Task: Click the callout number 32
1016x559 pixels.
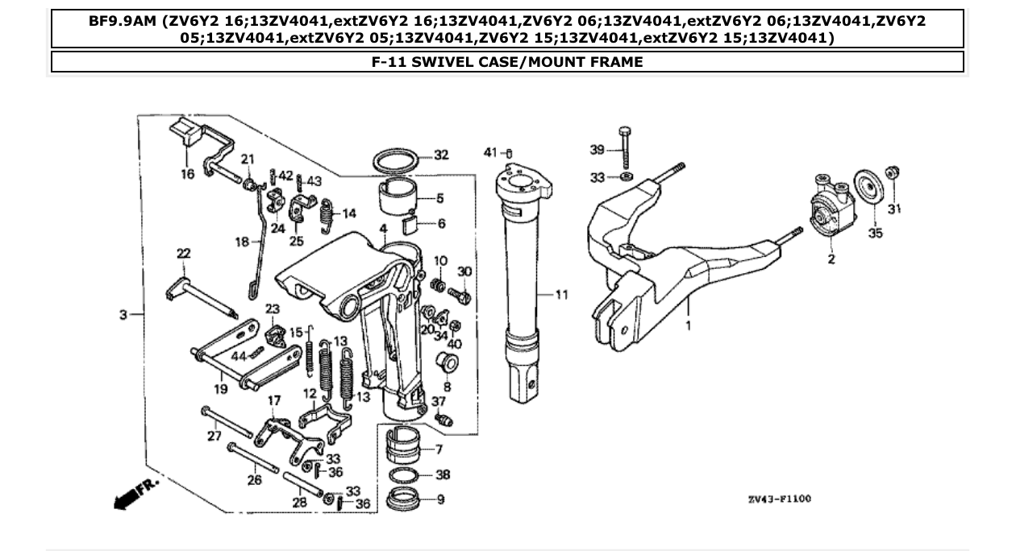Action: tap(440, 155)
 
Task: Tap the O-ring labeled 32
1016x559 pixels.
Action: tap(397, 161)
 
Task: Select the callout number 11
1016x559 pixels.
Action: tap(561, 295)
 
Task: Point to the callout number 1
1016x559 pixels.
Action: tap(689, 326)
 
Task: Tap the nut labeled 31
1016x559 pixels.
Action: tap(892, 174)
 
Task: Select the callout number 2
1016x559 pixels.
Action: tap(831, 259)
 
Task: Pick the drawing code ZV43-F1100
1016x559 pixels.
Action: tap(780, 499)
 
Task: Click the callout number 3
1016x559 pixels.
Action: tap(123, 315)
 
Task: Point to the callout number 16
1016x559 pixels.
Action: tap(187, 174)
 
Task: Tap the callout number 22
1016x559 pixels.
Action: tap(183, 254)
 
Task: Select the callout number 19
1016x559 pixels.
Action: tap(220, 388)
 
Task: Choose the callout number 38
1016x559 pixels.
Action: tap(442, 475)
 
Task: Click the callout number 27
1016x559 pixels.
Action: tap(214, 436)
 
